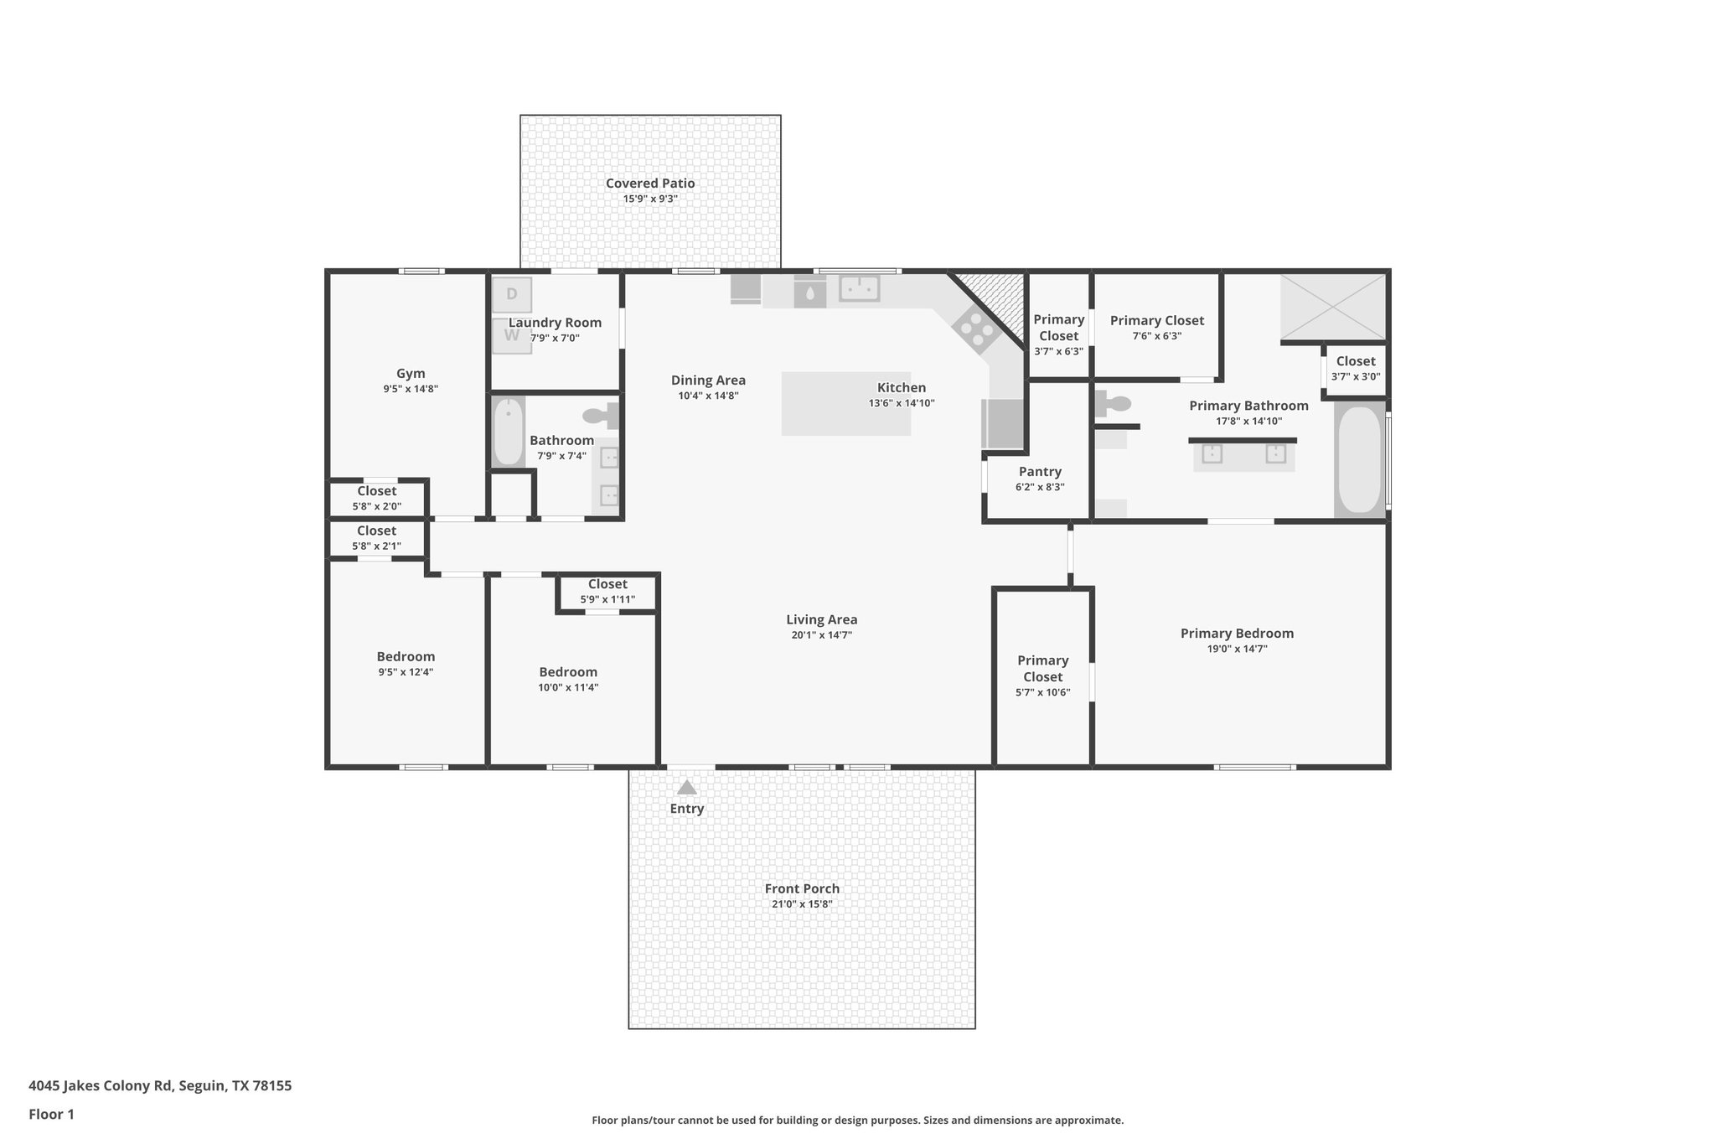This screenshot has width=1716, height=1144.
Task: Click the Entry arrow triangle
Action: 686,788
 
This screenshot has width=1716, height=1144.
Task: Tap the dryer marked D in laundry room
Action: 511,294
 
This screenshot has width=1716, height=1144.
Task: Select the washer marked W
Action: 511,336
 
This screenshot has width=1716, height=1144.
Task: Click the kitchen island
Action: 845,403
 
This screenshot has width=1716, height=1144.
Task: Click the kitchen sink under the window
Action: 859,288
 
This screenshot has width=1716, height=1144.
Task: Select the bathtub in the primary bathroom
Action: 1358,459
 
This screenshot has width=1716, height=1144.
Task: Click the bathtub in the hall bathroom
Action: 508,432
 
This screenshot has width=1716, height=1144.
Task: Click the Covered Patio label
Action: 650,184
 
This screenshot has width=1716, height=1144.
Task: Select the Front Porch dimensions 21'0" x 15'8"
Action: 802,904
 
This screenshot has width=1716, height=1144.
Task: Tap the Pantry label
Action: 1040,472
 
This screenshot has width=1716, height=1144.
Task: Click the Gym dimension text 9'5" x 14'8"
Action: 411,389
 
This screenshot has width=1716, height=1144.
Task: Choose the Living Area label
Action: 821,620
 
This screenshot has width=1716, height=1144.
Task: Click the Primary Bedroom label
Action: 1237,634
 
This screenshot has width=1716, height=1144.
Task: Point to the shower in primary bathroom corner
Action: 1332,308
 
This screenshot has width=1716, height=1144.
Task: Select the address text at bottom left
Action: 160,1086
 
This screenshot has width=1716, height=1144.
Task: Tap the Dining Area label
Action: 708,380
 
